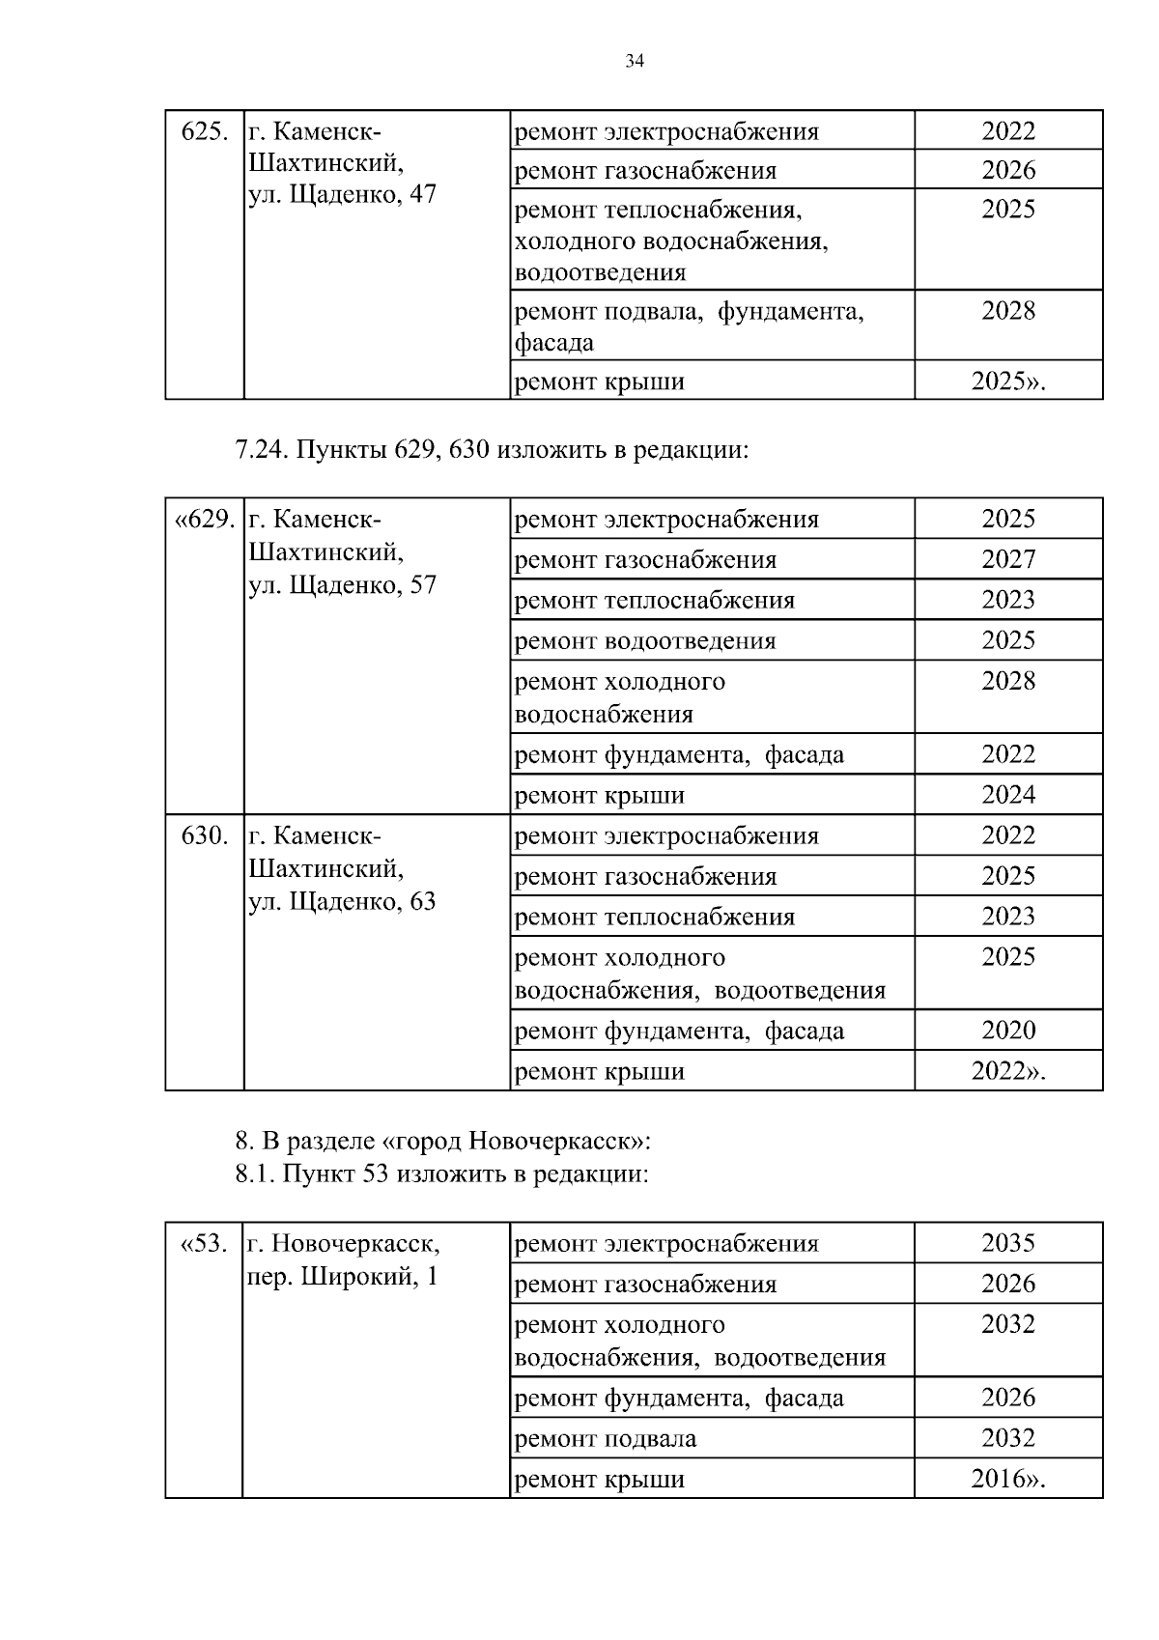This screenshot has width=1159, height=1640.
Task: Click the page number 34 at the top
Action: (635, 62)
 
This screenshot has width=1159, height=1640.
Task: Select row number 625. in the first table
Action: (205, 131)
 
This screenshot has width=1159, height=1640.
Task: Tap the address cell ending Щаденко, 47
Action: (342, 163)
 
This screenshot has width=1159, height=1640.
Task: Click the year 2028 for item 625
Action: (1008, 311)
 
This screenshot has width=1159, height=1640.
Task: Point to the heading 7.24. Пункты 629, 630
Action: (492, 450)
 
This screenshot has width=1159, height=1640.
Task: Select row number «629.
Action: (204, 520)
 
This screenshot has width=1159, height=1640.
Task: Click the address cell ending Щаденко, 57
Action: (342, 552)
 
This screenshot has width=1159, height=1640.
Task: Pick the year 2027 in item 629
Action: (1008, 559)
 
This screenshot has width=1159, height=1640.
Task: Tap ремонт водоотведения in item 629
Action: (645, 640)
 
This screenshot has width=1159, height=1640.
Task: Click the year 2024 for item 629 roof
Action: (1008, 795)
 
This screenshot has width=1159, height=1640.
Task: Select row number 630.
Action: (205, 835)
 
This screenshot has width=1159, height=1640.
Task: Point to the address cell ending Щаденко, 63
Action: (342, 868)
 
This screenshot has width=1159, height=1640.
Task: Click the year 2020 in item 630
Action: (1008, 1030)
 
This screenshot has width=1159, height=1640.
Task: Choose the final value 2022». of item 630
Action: (1008, 1071)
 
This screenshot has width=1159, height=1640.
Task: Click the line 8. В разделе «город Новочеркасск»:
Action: (443, 1141)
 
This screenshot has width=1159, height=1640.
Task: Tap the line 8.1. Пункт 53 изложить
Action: (441, 1174)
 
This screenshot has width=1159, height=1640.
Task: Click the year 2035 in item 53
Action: (1008, 1243)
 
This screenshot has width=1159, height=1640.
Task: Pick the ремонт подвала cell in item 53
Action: (606, 1438)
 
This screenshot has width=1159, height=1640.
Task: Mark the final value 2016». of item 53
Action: (1008, 1479)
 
